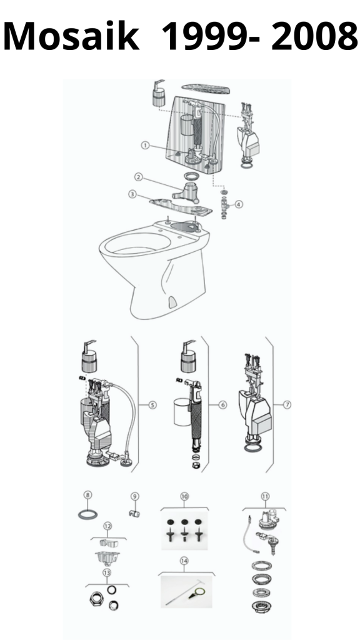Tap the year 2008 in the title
pyautogui.click(x=314, y=36)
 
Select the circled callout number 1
pyautogui.click(x=145, y=145)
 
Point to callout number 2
pyautogui.click(x=139, y=177)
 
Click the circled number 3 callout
pyautogui.click(x=132, y=194)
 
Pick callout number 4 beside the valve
pyautogui.click(x=239, y=204)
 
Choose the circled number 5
pyautogui.click(x=152, y=405)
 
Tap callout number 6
pyautogui.click(x=222, y=405)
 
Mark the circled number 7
pyautogui.click(x=287, y=404)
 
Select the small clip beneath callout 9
pyautogui.click(x=134, y=513)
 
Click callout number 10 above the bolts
pyautogui.click(x=184, y=496)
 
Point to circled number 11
pyautogui.click(x=265, y=496)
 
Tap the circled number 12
pyautogui.click(x=107, y=526)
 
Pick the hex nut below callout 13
pyautogui.click(x=96, y=599)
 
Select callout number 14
pyautogui.click(x=184, y=561)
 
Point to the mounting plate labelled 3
pyautogui.click(x=181, y=206)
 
